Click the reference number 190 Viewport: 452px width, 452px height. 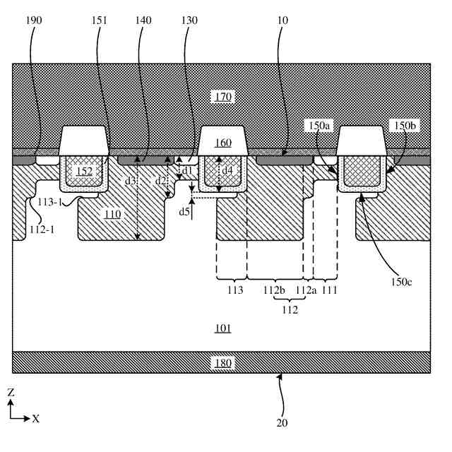(33, 21)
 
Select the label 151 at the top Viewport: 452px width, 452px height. (100, 21)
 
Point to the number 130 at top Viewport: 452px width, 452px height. (189, 21)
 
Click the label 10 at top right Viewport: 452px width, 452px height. (290, 21)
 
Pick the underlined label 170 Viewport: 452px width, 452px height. (225, 96)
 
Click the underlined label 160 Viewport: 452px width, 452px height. (223, 143)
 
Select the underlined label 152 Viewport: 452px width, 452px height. (85, 171)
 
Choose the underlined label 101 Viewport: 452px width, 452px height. (223, 328)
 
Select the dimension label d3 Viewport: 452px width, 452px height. (129, 182)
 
